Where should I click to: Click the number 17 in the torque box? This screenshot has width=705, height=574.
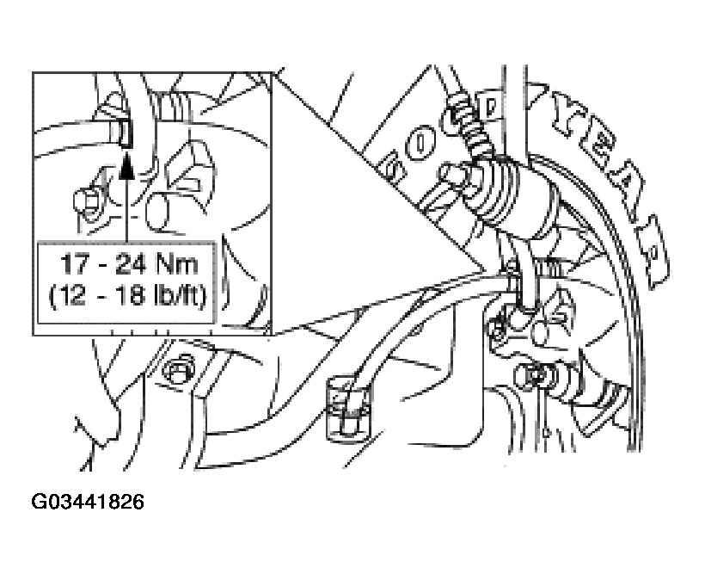tap(73, 264)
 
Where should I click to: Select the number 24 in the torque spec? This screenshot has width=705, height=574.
tap(130, 264)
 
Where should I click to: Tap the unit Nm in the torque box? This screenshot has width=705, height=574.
tap(177, 264)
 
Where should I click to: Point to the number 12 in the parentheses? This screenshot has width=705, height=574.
tap(74, 296)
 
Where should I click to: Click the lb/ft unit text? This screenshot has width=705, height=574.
tap(178, 296)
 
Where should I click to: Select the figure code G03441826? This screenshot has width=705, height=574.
tap(88, 502)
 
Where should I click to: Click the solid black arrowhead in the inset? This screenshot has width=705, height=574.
tap(127, 166)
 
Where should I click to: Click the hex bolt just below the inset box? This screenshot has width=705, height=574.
tap(179, 369)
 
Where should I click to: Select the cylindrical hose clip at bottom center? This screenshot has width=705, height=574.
tap(347, 407)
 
